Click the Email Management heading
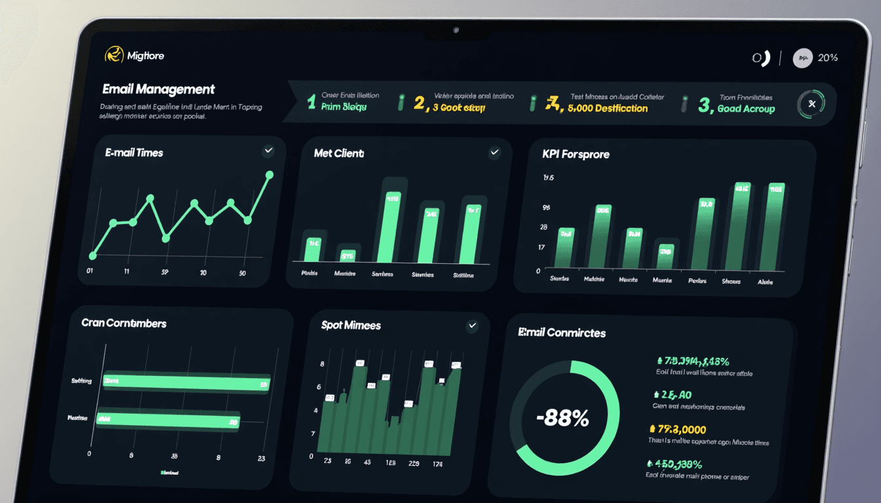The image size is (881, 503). [159, 90]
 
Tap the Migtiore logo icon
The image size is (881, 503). [114, 56]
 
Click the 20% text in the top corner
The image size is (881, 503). [827, 58]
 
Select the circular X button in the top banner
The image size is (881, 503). [812, 104]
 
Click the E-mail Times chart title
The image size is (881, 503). [134, 153]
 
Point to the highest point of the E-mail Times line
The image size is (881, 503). [269, 174]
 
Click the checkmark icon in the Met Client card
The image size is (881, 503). [495, 153]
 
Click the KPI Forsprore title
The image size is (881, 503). [576, 155]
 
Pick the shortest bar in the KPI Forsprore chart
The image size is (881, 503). [665, 256]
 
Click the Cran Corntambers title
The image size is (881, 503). [124, 324]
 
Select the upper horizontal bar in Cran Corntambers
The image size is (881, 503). [183, 382]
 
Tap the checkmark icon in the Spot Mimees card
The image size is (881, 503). [472, 326]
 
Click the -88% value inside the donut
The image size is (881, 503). [562, 418]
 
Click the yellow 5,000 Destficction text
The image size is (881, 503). [607, 108]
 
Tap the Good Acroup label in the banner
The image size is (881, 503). [745, 109]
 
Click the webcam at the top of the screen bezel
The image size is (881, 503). [456, 30]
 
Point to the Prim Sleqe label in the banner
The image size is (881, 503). [343, 107]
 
